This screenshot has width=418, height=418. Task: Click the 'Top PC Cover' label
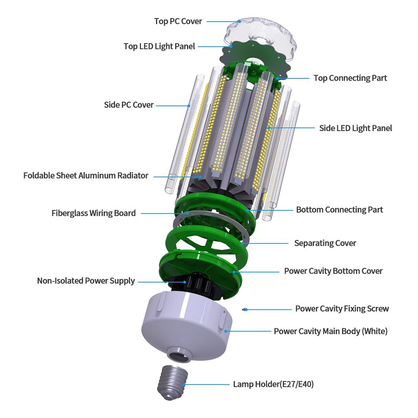[178, 21]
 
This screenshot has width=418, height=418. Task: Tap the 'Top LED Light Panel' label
[159, 46]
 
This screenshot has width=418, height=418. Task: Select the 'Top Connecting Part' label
[350, 78]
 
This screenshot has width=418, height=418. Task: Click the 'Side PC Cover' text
[129, 104]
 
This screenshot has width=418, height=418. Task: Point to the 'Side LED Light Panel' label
[355, 128]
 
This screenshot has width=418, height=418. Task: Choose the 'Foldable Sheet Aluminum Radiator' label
[86, 175]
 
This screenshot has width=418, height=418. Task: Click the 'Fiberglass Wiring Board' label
[94, 213]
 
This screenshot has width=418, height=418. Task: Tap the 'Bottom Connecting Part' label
[339, 209]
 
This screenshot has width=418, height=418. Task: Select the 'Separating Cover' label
[325, 243]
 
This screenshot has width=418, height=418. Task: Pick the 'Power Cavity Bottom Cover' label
[333, 271]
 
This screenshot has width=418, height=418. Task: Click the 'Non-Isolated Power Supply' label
[86, 281]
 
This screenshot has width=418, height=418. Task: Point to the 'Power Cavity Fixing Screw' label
[342, 309]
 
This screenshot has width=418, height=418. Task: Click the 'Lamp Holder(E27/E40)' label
[273, 384]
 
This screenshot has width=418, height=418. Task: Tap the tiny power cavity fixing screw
[246, 310]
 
